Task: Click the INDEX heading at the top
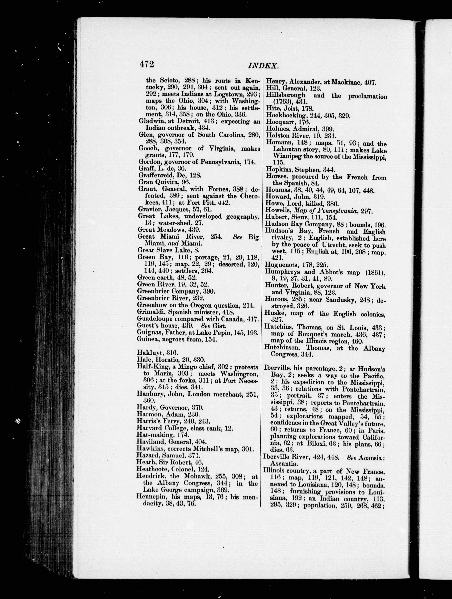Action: [x=263, y=66]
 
